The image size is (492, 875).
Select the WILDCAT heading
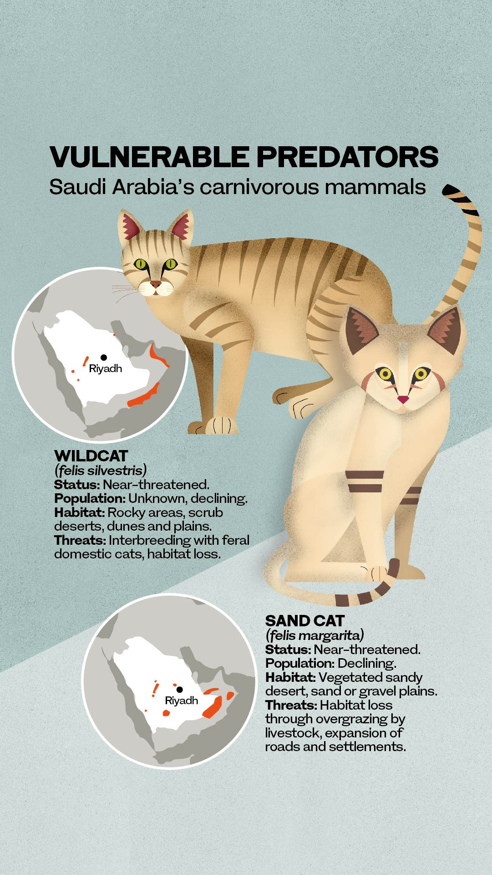tap(91, 456)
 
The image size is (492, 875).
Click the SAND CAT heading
tap(305, 621)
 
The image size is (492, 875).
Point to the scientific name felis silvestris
tap(101, 470)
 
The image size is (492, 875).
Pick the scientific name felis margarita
tap(314, 635)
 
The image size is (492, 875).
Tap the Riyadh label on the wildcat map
tap(106, 368)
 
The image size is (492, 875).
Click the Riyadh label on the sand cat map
tap(182, 701)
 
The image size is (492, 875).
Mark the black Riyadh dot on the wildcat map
tap(104, 358)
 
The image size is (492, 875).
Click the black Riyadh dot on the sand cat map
tap(180, 690)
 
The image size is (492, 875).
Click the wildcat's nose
tap(156, 285)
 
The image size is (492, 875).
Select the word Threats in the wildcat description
tap(80, 540)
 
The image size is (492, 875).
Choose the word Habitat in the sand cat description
tap(290, 677)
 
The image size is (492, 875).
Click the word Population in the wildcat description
tap(89, 499)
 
